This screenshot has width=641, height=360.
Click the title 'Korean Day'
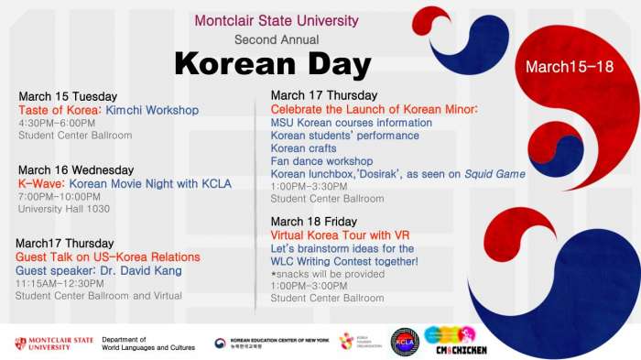(x=272, y=64)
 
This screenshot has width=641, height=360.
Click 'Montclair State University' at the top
(x=277, y=21)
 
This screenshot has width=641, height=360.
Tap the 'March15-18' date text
(x=569, y=68)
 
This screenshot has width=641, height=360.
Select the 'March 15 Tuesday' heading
(x=67, y=96)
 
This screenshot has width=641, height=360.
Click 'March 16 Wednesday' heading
(x=76, y=169)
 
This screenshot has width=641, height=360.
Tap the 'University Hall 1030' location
(x=64, y=209)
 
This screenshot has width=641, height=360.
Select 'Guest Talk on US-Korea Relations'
(x=108, y=257)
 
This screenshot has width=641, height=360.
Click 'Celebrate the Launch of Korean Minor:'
(x=375, y=109)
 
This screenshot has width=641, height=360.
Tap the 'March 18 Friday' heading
(x=314, y=222)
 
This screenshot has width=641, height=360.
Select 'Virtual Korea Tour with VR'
(x=340, y=235)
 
